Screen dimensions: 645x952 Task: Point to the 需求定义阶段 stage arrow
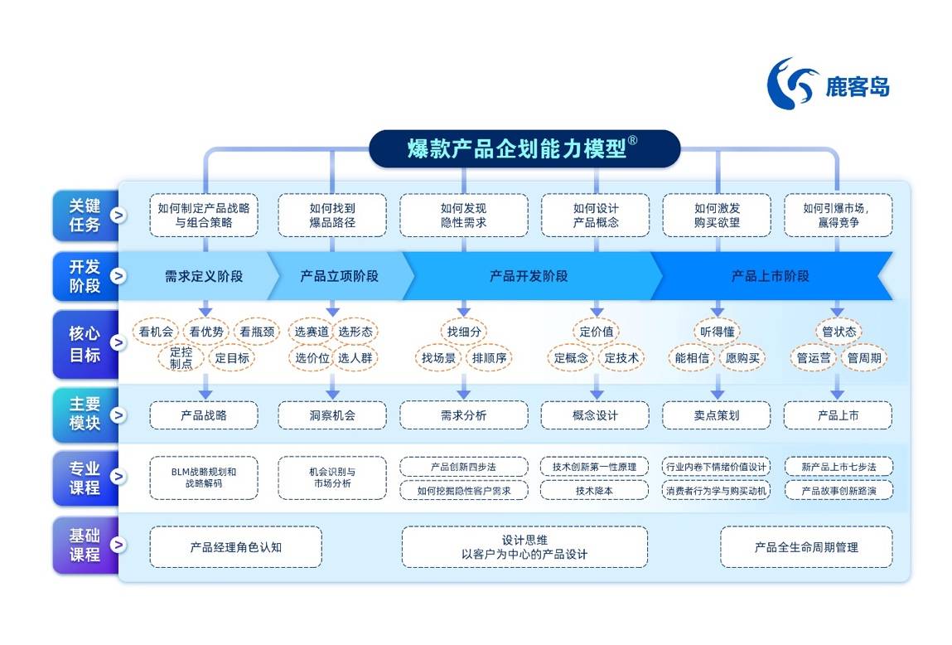(203, 276)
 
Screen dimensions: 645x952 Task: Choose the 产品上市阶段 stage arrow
(770, 276)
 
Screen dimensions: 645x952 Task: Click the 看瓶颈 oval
(258, 332)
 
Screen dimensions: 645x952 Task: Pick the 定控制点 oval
(181, 358)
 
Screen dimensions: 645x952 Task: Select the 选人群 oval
(355, 358)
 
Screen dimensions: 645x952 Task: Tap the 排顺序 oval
(489, 358)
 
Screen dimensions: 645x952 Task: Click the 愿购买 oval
(742, 358)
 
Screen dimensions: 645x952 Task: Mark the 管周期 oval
(864, 358)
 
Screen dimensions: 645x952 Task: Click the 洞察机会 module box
(331, 415)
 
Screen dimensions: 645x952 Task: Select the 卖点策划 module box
(717, 415)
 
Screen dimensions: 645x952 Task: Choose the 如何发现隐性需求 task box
(463, 216)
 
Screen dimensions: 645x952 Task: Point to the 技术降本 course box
(594, 490)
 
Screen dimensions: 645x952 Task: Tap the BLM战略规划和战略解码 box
(203, 478)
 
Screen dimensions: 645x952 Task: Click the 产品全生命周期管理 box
(805, 547)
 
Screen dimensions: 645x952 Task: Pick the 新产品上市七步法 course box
(838, 467)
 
